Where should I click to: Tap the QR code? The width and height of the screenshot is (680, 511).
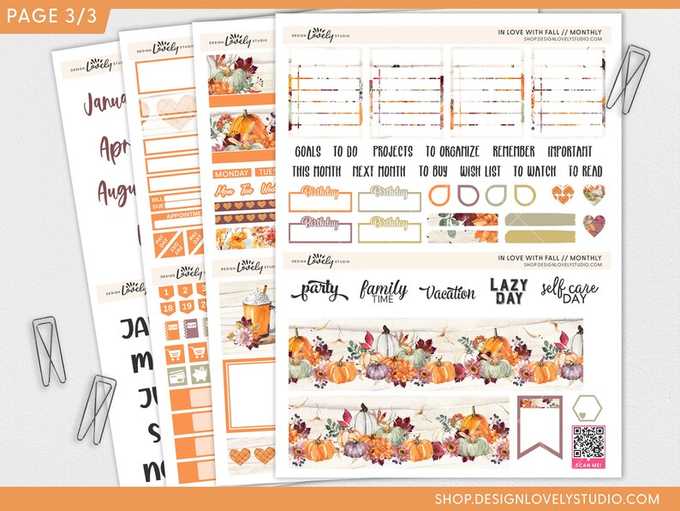[588, 442]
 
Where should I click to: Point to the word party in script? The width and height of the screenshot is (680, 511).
[316, 292]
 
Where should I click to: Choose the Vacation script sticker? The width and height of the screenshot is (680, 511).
[447, 292]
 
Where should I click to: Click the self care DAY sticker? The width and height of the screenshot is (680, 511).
[569, 292]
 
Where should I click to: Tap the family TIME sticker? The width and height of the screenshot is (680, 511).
[383, 292]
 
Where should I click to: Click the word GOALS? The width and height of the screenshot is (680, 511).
[307, 152]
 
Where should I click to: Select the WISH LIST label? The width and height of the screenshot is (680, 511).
[480, 171]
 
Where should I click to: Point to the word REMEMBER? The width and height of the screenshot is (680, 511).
[514, 152]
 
